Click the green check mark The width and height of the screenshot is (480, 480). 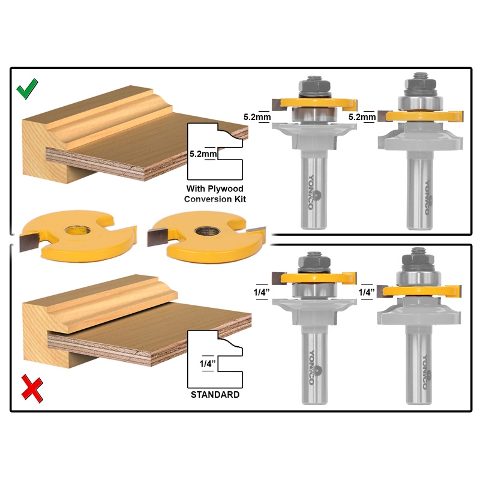tap(28, 90)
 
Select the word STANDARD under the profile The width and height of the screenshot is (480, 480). tap(215, 395)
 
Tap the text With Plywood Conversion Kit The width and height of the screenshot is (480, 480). tap(215, 193)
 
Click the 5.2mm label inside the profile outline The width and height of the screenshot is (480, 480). tap(201, 154)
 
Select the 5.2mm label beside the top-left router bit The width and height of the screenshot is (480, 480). tap(256, 117)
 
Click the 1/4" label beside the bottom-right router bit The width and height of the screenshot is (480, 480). tap(366, 292)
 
